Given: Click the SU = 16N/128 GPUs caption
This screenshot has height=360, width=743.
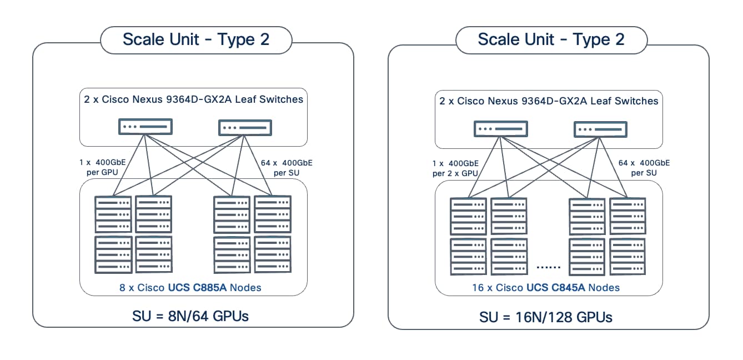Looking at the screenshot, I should click(545, 317).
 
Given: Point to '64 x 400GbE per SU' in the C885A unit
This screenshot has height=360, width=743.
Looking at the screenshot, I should click(287, 168).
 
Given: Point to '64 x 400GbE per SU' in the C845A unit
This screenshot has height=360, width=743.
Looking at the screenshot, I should click(644, 168).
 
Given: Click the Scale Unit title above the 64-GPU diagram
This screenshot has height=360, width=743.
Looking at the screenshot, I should click(195, 39).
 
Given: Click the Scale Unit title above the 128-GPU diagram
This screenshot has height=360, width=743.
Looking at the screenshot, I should click(551, 39).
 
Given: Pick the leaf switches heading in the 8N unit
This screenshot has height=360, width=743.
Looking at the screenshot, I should click(193, 99).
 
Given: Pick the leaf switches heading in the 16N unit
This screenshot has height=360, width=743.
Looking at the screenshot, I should click(549, 101).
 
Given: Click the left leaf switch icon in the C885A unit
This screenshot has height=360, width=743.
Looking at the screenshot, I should click(145, 127).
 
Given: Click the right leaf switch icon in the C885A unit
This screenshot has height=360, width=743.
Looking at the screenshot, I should click(245, 127).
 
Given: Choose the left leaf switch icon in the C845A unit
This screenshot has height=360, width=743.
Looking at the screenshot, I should click(500, 129).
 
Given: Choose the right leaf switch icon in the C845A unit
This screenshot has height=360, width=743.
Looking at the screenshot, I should click(600, 129).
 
